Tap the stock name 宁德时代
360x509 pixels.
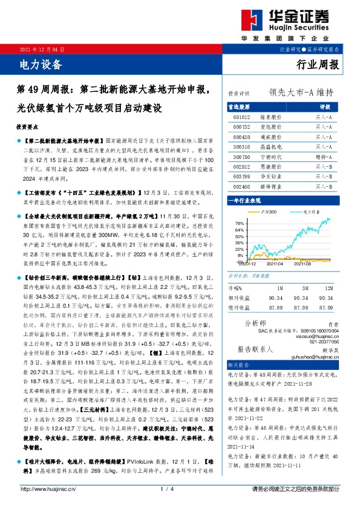[x=270, y=156]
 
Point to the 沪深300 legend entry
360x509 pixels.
[x=267, y=212]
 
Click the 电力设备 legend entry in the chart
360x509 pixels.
[x=310, y=212]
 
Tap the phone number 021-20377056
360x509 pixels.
[x=326, y=342]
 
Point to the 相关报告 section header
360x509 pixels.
[x=238, y=366]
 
